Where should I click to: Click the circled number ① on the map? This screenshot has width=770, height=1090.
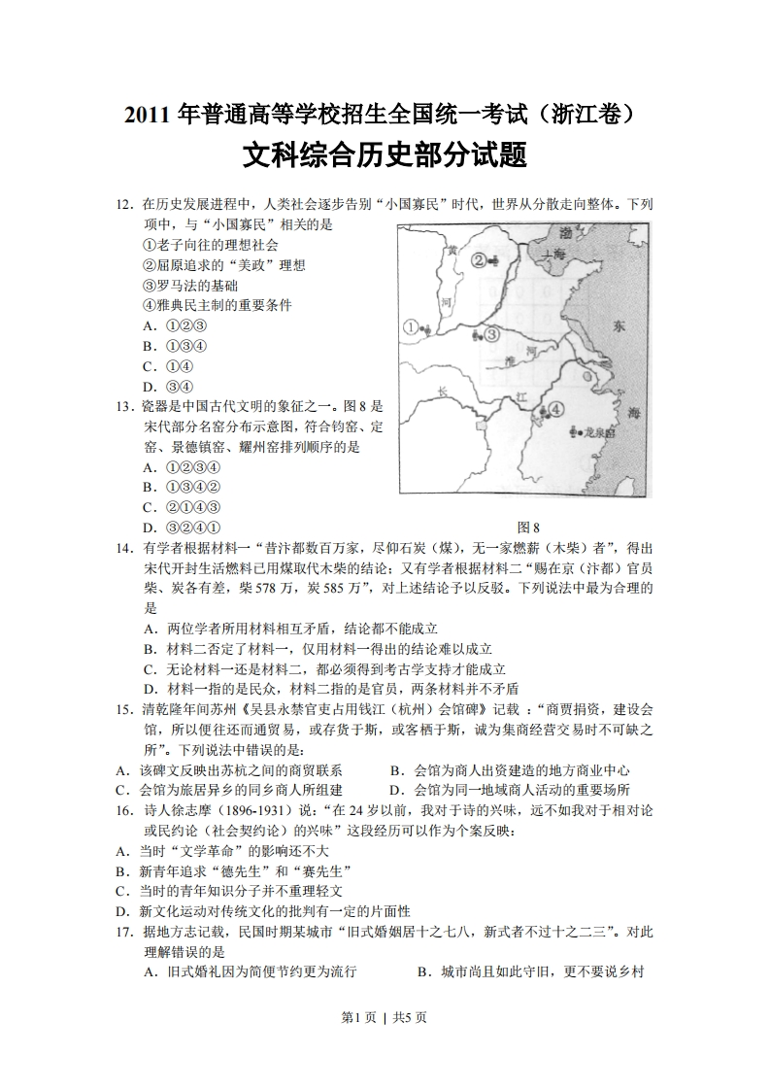pyautogui.click(x=411, y=328)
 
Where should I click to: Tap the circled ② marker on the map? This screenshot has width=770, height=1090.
pyautogui.click(x=479, y=259)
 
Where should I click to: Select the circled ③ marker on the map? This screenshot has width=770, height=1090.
pyautogui.click(x=491, y=334)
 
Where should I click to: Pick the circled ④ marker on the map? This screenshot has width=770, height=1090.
pyautogui.click(x=555, y=410)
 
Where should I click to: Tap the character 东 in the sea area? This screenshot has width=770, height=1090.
pyautogui.click(x=619, y=327)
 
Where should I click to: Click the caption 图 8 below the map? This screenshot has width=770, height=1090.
pyautogui.click(x=529, y=528)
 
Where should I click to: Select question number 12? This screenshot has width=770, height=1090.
pyautogui.click(x=123, y=205)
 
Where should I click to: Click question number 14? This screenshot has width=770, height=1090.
pyautogui.click(x=123, y=548)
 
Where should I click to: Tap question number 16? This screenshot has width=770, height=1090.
pyautogui.click(x=123, y=810)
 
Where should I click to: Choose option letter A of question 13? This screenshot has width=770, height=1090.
pyautogui.click(x=149, y=466)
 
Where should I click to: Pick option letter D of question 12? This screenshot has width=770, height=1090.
pyautogui.click(x=149, y=387)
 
